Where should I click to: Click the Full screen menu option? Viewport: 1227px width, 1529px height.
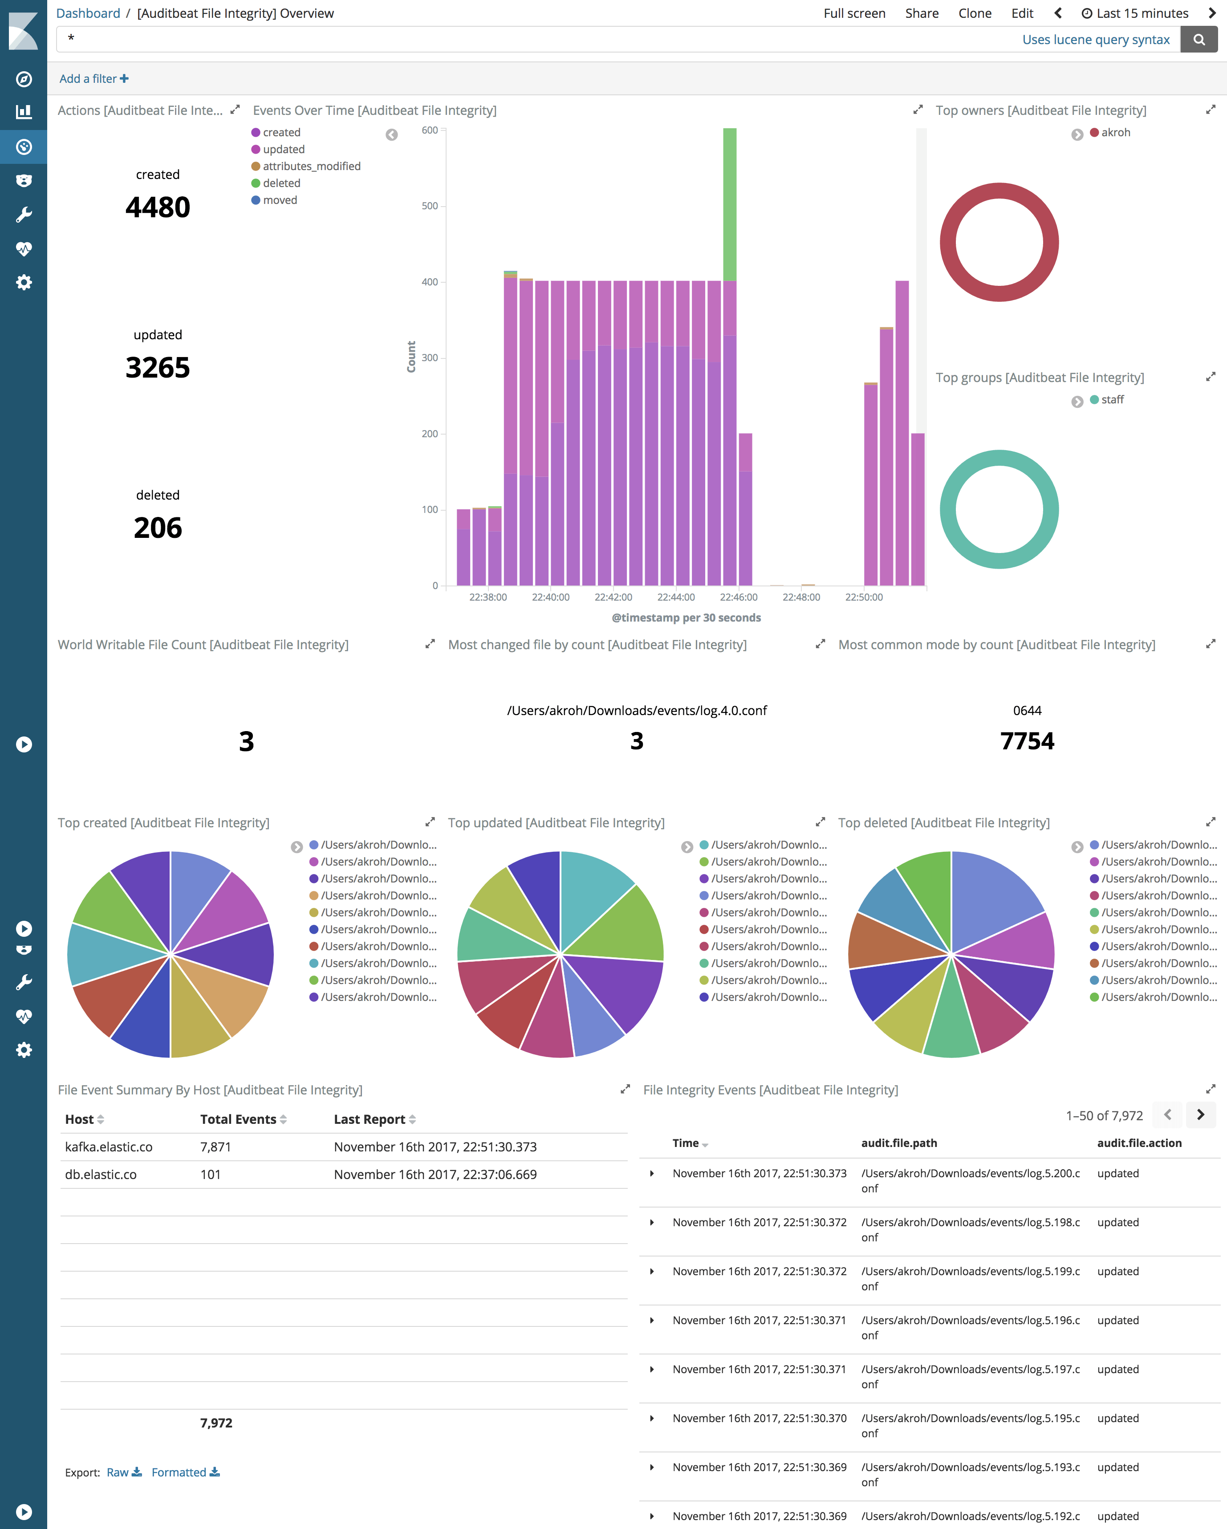[854, 13]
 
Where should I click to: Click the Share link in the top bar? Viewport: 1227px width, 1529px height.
[921, 13]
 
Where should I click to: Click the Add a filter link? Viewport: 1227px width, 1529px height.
[93, 79]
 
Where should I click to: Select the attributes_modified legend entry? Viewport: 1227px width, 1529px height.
[311, 166]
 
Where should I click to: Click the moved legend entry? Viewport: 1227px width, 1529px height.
[280, 200]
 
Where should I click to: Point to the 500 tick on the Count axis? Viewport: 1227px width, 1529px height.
[430, 206]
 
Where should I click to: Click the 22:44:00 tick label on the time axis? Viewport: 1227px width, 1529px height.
[676, 597]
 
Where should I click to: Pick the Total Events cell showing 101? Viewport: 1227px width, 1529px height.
[210, 1175]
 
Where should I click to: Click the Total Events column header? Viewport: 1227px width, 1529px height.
[238, 1119]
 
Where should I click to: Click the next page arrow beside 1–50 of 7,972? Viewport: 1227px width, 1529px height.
[1200, 1115]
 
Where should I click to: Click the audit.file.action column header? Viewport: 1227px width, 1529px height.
[1139, 1143]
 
